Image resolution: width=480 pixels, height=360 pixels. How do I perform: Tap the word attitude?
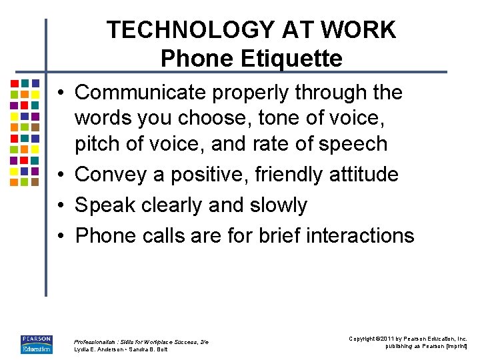(363, 175)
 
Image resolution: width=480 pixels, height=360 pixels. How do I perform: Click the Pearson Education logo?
(36, 344)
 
